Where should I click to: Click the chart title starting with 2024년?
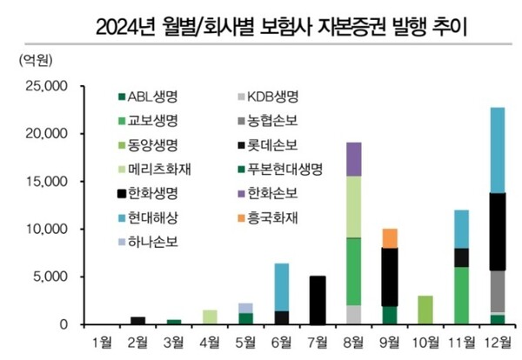(261, 20)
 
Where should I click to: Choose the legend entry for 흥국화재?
(271, 214)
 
